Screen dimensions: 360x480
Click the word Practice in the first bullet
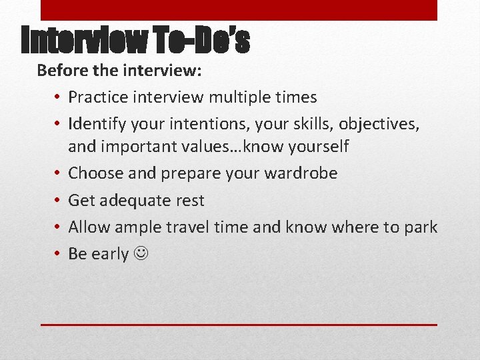coord(97,97)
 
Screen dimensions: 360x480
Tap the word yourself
coord(316,146)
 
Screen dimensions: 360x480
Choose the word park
coord(420,227)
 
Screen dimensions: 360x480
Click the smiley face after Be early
coord(140,254)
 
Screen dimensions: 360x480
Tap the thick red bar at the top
coord(239,10)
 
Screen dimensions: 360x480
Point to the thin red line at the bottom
coord(239,325)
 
